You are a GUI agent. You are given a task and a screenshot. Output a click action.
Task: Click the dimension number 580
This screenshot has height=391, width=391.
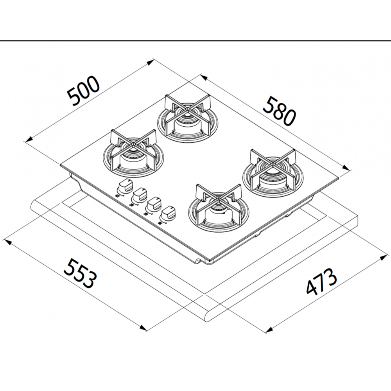pyautogui.click(x=279, y=112)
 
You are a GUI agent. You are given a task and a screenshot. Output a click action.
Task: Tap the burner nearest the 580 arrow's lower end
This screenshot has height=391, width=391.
pyautogui.click(x=273, y=172)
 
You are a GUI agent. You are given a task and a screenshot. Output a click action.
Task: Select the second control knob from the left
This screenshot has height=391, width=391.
pyautogui.click(x=140, y=195)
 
